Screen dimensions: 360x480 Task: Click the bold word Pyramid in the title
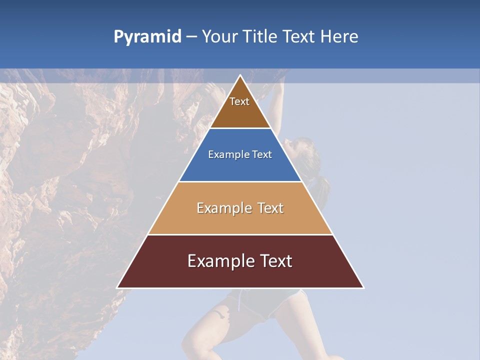coord(147,37)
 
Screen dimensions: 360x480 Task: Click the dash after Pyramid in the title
coord(191,37)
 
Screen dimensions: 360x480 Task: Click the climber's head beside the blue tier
coord(302,152)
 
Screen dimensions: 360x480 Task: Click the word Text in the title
coord(300,37)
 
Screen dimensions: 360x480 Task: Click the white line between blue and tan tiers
coord(240,181)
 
